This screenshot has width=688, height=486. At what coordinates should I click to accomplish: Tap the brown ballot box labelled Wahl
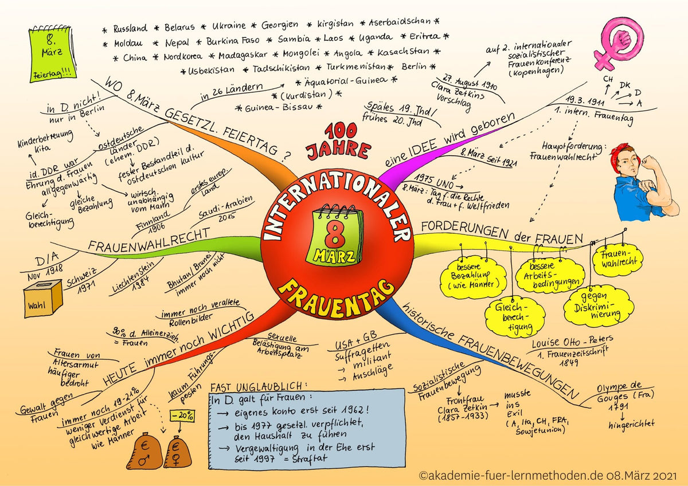44,299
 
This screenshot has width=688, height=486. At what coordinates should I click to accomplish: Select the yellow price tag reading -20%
182,416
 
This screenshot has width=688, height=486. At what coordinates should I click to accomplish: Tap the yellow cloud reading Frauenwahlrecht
617,260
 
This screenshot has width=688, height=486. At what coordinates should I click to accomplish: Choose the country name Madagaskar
243,55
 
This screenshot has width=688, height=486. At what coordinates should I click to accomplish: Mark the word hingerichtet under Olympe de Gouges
631,425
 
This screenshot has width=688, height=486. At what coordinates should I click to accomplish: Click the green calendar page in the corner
52,54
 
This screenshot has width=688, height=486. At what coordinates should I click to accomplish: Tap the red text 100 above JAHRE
341,131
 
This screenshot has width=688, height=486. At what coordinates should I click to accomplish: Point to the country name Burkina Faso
233,41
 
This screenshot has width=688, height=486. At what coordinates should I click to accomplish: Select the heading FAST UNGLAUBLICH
259,387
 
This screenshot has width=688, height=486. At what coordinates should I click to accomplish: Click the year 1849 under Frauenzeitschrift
569,363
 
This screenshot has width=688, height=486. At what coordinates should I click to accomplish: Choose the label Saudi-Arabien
226,207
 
